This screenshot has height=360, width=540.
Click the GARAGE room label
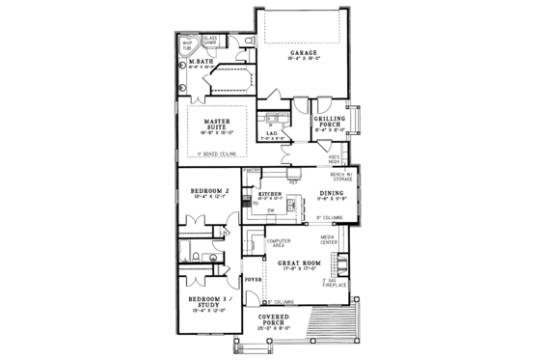point(304,55)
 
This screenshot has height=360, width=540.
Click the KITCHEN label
point(269,194)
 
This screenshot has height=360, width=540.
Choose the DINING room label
point(333,194)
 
